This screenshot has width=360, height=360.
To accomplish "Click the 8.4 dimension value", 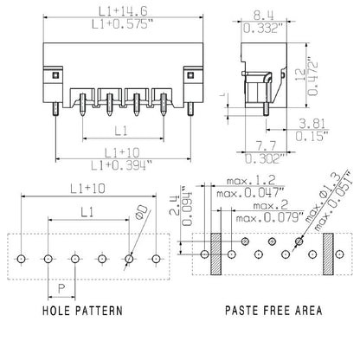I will tap(264, 15).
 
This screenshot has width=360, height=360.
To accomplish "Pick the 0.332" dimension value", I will tap(264, 29).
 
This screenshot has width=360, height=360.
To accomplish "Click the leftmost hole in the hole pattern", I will tap(22, 258).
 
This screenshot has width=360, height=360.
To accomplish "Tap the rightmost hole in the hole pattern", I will tap(156, 258).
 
